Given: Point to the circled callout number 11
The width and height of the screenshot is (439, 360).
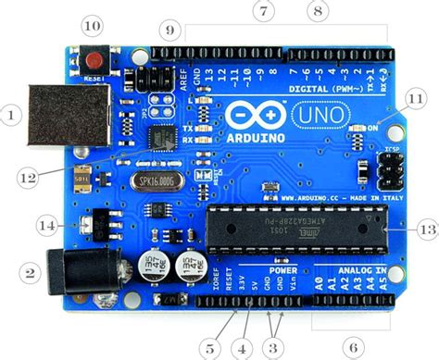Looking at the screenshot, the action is (x=417, y=98).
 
